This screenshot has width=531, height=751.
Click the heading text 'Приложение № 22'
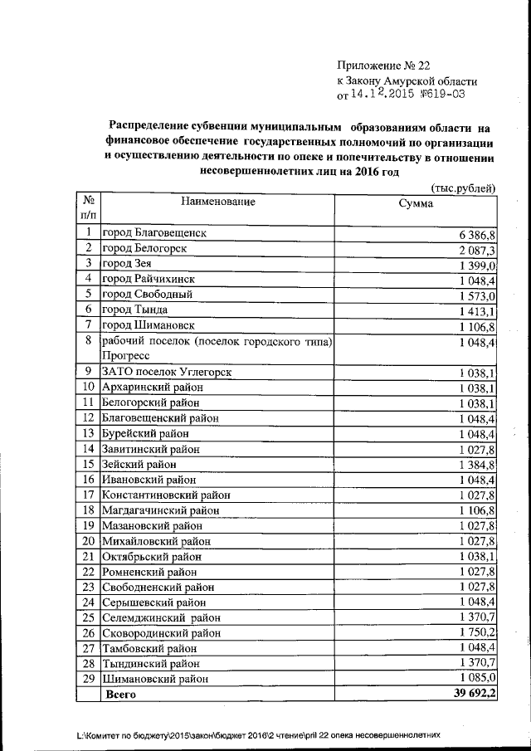click(x=384, y=66)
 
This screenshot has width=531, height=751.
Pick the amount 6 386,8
click(x=476, y=235)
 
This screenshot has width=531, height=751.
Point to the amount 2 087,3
click(x=476, y=250)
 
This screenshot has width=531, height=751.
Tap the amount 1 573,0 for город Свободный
click(x=476, y=295)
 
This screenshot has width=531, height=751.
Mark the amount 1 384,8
click(x=476, y=465)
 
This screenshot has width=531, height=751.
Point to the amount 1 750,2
click(x=476, y=632)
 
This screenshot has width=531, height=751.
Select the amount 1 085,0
click(x=476, y=679)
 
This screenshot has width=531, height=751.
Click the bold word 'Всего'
click(x=121, y=695)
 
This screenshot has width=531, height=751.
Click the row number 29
click(x=87, y=679)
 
